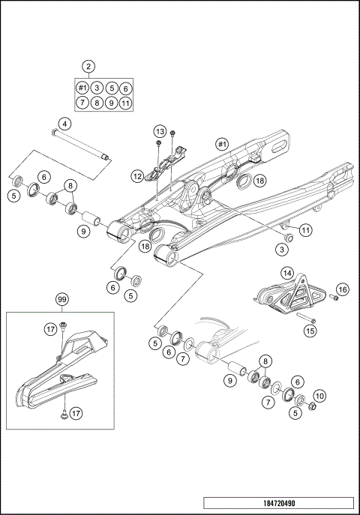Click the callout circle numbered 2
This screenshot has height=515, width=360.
(89, 67)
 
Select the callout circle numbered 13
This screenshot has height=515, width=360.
(160, 131)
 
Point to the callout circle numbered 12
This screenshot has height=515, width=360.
(136, 176)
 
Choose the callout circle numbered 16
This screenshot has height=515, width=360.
(342, 289)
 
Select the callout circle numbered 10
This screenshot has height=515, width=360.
(319, 396)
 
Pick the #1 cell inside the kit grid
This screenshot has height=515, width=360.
(82, 88)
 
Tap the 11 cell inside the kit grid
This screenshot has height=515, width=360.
(125, 103)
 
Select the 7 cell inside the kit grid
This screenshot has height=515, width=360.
(82, 103)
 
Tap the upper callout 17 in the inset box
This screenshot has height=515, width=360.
(50, 328)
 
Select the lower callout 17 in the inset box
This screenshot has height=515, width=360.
(76, 414)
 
